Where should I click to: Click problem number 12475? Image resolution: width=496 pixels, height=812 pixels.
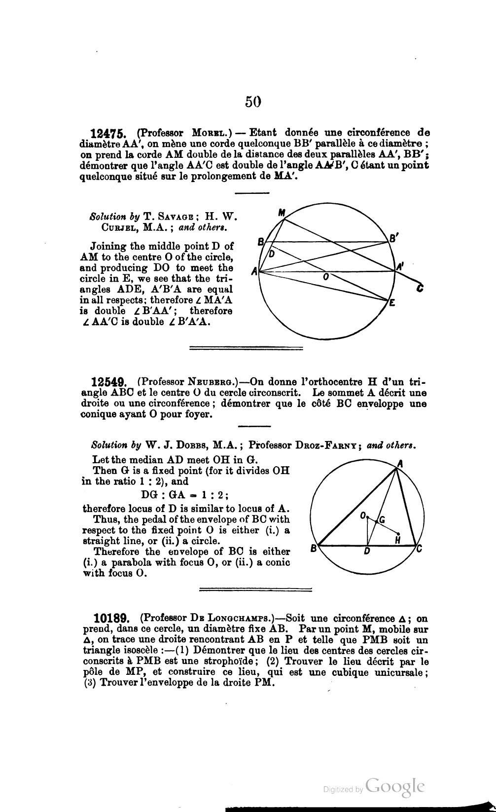click(x=109, y=133)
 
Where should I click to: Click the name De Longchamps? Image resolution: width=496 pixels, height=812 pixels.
click(x=234, y=619)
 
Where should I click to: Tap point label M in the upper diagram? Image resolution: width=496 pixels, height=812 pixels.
click(x=282, y=213)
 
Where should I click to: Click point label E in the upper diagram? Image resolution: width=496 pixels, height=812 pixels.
click(x=392, y=303)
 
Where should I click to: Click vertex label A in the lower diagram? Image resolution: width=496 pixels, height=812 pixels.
click(x=400, y=463)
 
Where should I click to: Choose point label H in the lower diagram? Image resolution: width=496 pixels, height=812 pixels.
click(x=397, y=540)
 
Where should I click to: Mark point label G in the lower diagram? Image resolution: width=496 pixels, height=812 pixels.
click(x=381, y=519)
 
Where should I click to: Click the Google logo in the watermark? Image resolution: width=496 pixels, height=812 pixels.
click(x=395, y=786)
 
